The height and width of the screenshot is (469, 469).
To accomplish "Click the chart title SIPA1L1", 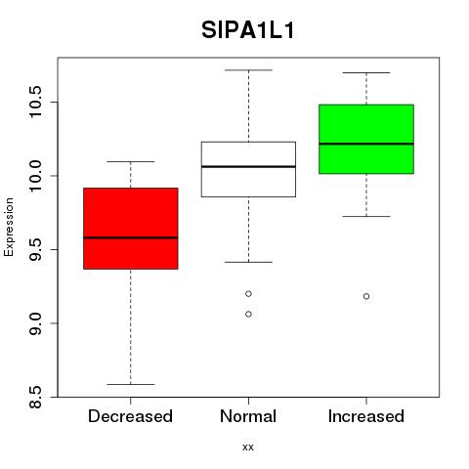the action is pos(248,30).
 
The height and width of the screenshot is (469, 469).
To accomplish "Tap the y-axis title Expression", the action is pos(9,227).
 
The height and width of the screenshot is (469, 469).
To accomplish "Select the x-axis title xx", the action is pos(248,447).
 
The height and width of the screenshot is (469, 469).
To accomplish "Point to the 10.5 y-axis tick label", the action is pos(34,102).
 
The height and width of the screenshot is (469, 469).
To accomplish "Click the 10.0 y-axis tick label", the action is pos(34,176).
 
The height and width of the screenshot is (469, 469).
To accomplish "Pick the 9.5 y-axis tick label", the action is pos(34,249).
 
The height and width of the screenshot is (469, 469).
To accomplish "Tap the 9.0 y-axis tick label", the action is pos(34,323).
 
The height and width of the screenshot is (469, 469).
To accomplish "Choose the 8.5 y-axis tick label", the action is pos(34,397).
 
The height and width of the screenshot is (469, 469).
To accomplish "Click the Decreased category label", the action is pos(130,416).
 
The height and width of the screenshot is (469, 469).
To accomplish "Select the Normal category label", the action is pos(248,416).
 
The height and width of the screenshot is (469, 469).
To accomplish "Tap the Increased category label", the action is pos(366,416).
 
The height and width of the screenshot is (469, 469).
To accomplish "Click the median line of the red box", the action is pos(131,237).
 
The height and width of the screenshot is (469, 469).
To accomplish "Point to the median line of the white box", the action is pos(248,166).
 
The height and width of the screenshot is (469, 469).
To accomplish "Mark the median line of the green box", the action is pos(366,144).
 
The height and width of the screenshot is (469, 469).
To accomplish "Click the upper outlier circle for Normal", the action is pos(248,294).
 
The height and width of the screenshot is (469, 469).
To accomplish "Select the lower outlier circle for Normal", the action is pos(248,314).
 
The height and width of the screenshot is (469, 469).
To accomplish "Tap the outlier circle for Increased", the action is pos(366,296).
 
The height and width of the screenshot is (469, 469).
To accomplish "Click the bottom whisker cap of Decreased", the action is pos(131,384).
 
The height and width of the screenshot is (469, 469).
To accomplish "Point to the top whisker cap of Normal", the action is pos(248,70).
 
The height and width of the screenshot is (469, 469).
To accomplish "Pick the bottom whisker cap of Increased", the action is pos(366,216).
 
